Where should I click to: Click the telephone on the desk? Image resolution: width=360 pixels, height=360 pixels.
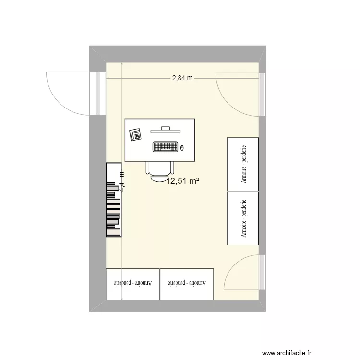pyautogui.click(x=135, y=135)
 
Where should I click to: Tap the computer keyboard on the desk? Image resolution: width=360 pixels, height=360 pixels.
pyautogui.click(x=166, y=146)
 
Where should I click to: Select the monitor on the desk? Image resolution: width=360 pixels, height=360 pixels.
pyautogui.click(x=166, y=130)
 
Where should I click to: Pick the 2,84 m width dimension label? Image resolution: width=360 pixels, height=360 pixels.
pyautogui.click(x=182, y=78)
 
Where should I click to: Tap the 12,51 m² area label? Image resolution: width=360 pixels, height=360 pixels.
pyautogui.click(x=182, y=181)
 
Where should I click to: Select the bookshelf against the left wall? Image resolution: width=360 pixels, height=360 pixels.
pyautogui.click(x=113, y=200)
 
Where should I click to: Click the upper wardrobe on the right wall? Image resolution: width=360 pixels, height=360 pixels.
pyautogui.click(x=242, y=164)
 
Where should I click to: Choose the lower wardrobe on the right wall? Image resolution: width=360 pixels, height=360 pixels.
pyautogui.click(x=242, y=218)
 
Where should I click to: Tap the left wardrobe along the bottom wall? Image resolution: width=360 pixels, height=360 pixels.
pyautogui.click(x=132, y=284)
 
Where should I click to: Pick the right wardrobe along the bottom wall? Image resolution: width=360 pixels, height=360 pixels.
pyautogui.click(x=186, y=284)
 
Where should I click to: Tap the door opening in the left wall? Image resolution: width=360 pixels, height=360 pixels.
pyautogui.click(x=97, y=94)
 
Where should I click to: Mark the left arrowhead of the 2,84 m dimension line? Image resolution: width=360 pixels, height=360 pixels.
pyautogui.click(x=108, y=78)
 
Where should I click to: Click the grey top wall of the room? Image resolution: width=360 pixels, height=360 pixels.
pyautogui.click(x=178, y=54)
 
